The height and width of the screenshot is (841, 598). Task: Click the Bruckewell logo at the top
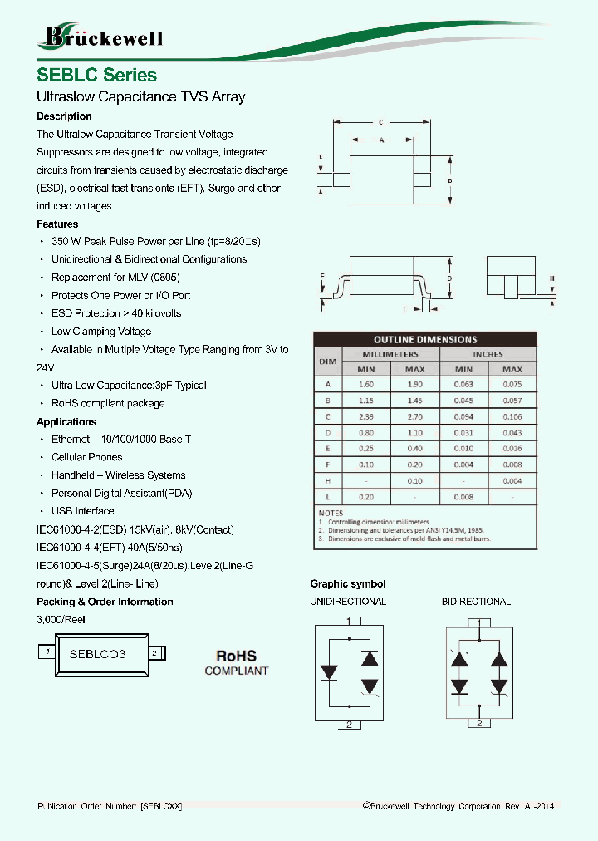[101, 37]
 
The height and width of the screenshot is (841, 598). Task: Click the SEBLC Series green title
[96, 75]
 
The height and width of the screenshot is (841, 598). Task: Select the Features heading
[57, 224]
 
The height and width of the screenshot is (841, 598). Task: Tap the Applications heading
[66, 422]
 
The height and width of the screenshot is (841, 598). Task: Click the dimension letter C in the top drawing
[380, 122]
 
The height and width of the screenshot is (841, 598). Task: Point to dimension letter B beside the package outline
[449, 181]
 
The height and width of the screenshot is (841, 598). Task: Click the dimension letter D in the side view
[448, 278]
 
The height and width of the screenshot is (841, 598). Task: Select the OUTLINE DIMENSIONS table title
[425, 339]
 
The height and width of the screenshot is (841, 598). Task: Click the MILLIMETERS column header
[390, 354]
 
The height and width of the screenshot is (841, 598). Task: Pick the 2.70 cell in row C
[414, 416]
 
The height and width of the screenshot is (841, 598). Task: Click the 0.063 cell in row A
[463, 384]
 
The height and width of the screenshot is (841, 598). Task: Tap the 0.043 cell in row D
[512, 432]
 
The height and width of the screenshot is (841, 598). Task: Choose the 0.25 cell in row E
[365, 449]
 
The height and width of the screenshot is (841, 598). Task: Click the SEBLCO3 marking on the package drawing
[97, 654]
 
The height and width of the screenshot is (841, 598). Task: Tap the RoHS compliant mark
[237, 662]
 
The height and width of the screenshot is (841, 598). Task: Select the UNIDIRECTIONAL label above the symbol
[348, 602]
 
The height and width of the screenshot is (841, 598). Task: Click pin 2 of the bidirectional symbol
[479, 724]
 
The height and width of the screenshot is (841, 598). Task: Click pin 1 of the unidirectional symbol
[349, 622]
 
